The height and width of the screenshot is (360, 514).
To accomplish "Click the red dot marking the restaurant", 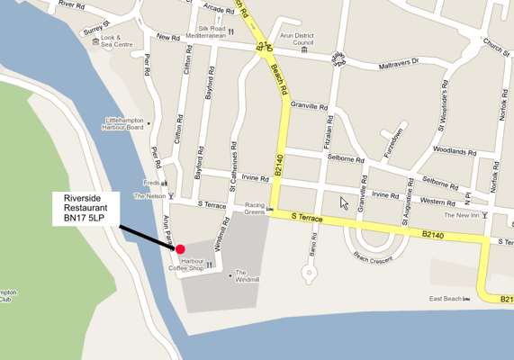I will click(x=180, y=249).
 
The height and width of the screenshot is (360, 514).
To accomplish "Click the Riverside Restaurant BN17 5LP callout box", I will click(x=86, y=209).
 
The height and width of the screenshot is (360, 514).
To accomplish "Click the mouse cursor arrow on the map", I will click(x=344, y=202).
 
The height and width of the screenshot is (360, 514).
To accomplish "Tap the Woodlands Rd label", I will click(x=454, y=150).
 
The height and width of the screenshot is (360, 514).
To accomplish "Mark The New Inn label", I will click(x=462, y=216).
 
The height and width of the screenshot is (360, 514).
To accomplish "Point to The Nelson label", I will click(x=150, y=195).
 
